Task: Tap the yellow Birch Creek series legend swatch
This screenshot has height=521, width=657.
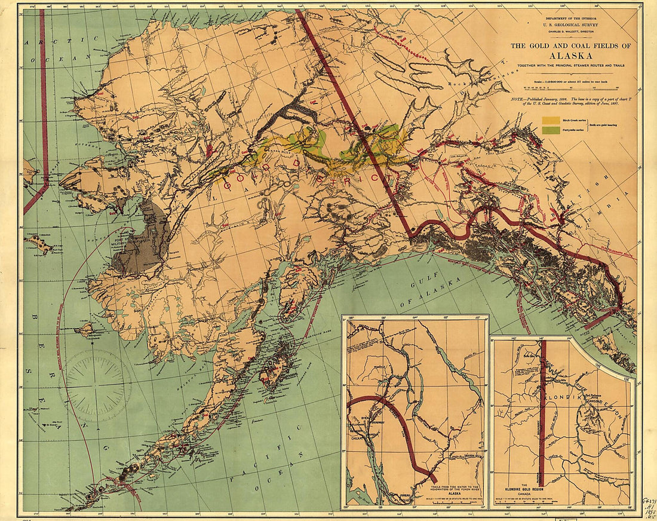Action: tap(550, 120)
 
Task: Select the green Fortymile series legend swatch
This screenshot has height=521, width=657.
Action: tap(550, 128)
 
